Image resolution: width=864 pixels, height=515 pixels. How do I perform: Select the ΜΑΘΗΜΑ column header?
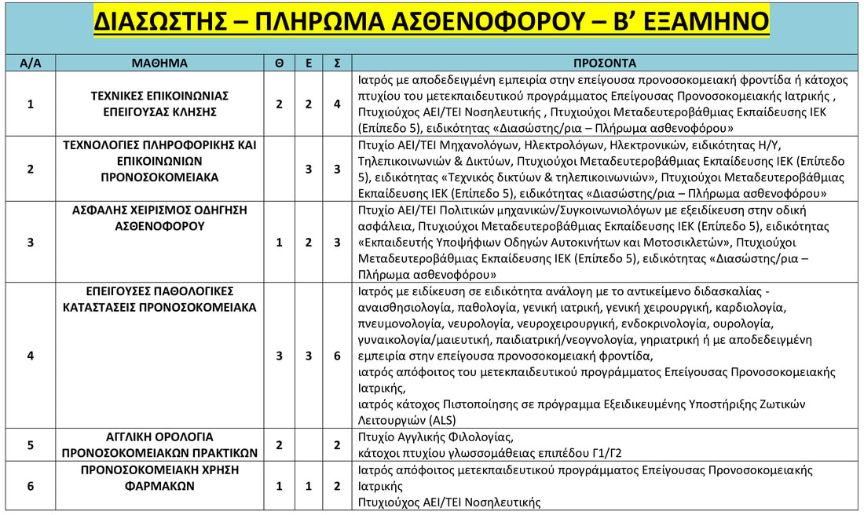click(160, 63)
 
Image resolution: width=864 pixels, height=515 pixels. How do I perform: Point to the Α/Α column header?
click(30, 63)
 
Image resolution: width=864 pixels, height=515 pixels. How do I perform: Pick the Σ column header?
click(336, 63)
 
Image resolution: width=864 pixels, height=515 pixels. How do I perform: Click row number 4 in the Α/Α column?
click(30, 356)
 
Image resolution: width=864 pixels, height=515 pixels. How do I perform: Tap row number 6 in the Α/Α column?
click(30, 486)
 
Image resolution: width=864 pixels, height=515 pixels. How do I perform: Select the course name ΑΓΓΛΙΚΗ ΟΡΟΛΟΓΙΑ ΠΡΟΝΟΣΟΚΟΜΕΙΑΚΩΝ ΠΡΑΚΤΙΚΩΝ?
click(160, 444)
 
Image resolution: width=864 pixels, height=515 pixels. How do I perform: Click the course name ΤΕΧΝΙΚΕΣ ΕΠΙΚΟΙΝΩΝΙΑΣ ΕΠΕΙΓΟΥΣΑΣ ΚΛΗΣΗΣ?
click(160, 104)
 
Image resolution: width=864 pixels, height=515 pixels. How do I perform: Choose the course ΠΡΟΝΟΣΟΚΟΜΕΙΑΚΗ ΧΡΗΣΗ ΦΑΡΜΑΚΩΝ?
click(160, 477)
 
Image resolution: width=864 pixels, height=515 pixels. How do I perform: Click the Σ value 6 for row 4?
click(336, 356)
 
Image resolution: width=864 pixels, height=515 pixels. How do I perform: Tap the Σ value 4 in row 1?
click(336, 104)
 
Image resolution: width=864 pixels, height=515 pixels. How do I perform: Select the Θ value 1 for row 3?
click(280, 242)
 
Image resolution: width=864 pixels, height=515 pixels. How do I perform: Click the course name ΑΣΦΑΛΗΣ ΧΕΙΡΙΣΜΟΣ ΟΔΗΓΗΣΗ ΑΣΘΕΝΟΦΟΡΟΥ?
click(160, 218)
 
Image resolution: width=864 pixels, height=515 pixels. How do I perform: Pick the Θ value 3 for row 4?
click(280, 356)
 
